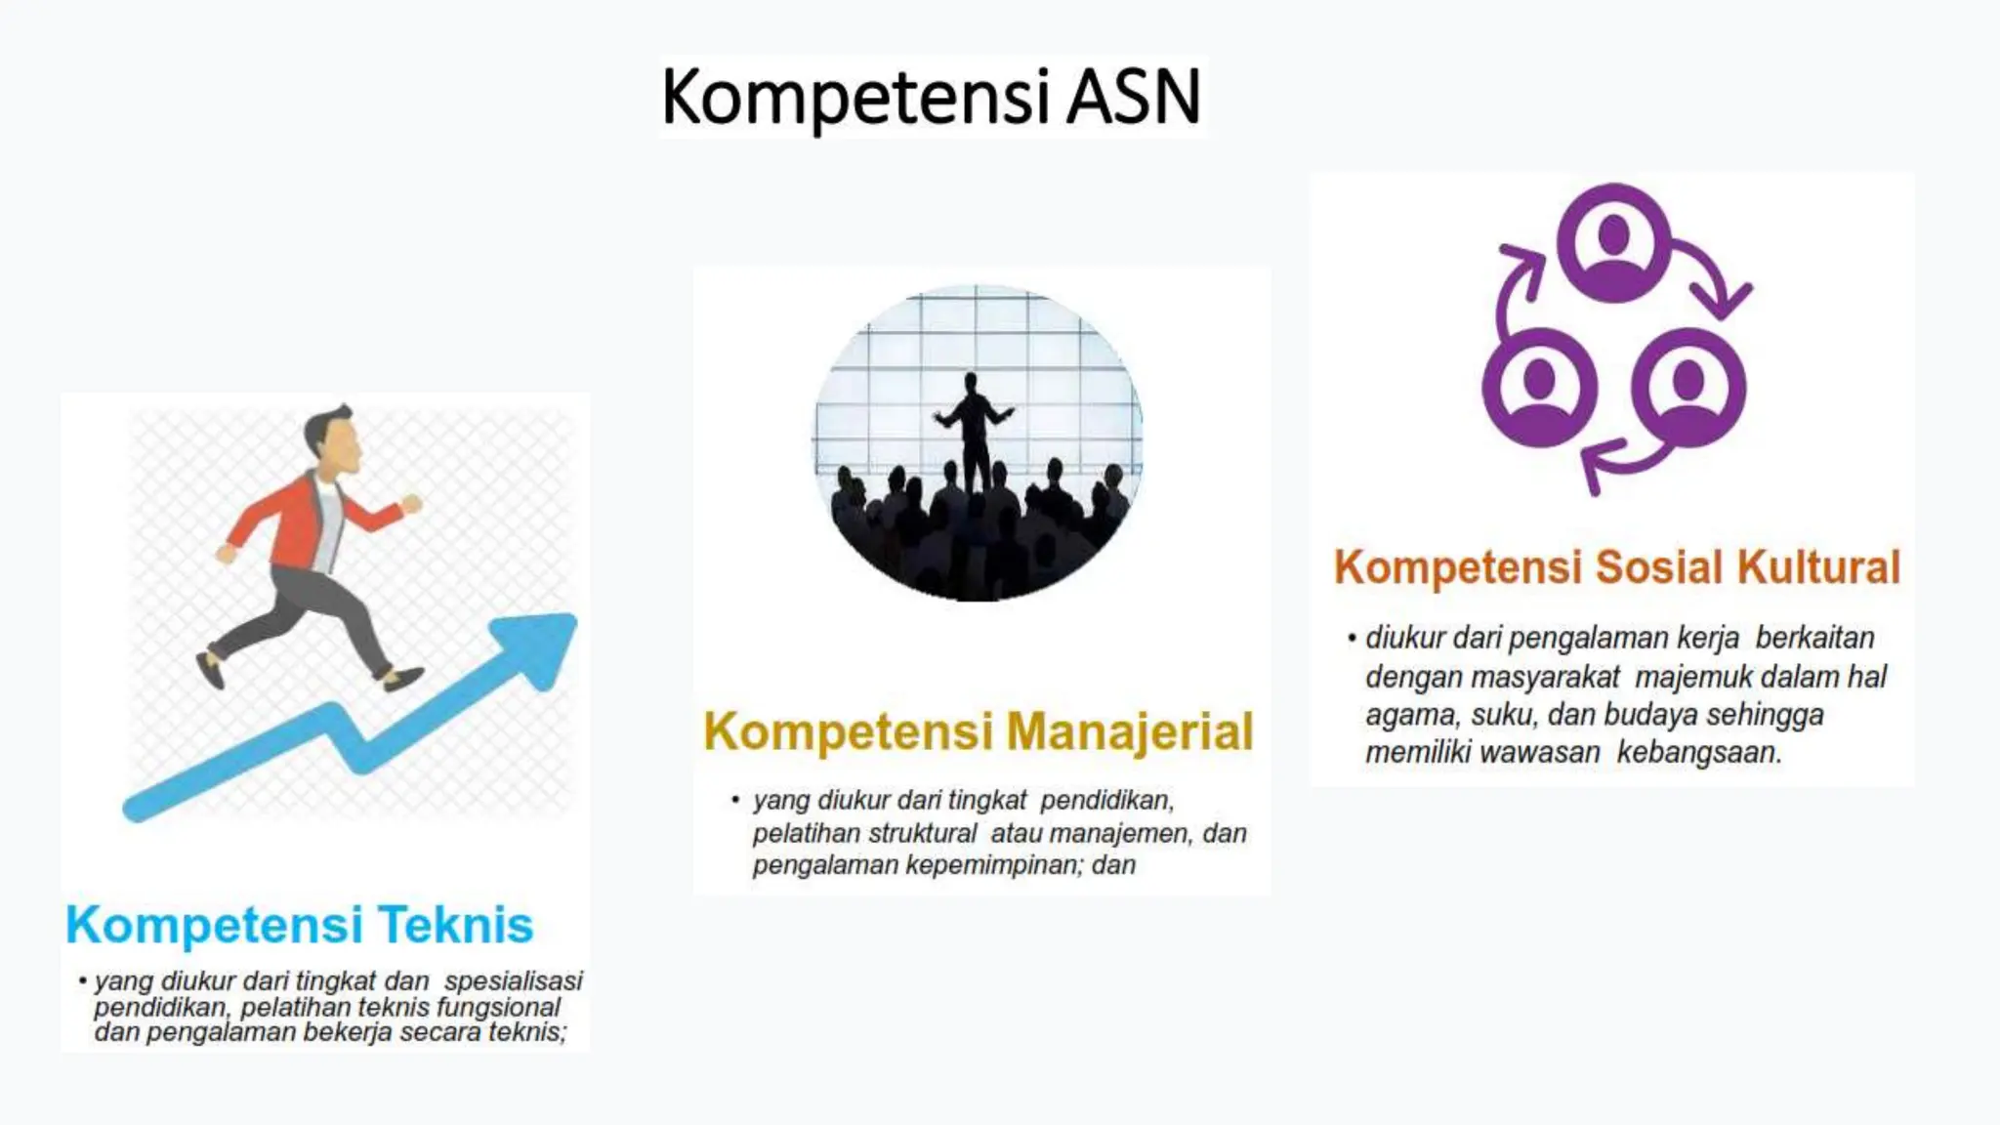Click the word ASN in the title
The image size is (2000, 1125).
1133,98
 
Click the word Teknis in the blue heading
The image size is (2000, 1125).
455,925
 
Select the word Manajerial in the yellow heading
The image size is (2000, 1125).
1129,731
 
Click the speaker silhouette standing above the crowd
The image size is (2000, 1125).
971,430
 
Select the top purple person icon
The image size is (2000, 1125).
1613,242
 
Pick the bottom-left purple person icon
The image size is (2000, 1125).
1539,387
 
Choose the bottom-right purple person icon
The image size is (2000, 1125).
1687,387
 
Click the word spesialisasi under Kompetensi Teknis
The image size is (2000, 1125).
513,981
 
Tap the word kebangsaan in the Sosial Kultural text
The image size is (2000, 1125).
1699,753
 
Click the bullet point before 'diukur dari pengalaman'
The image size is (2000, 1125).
1352,639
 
